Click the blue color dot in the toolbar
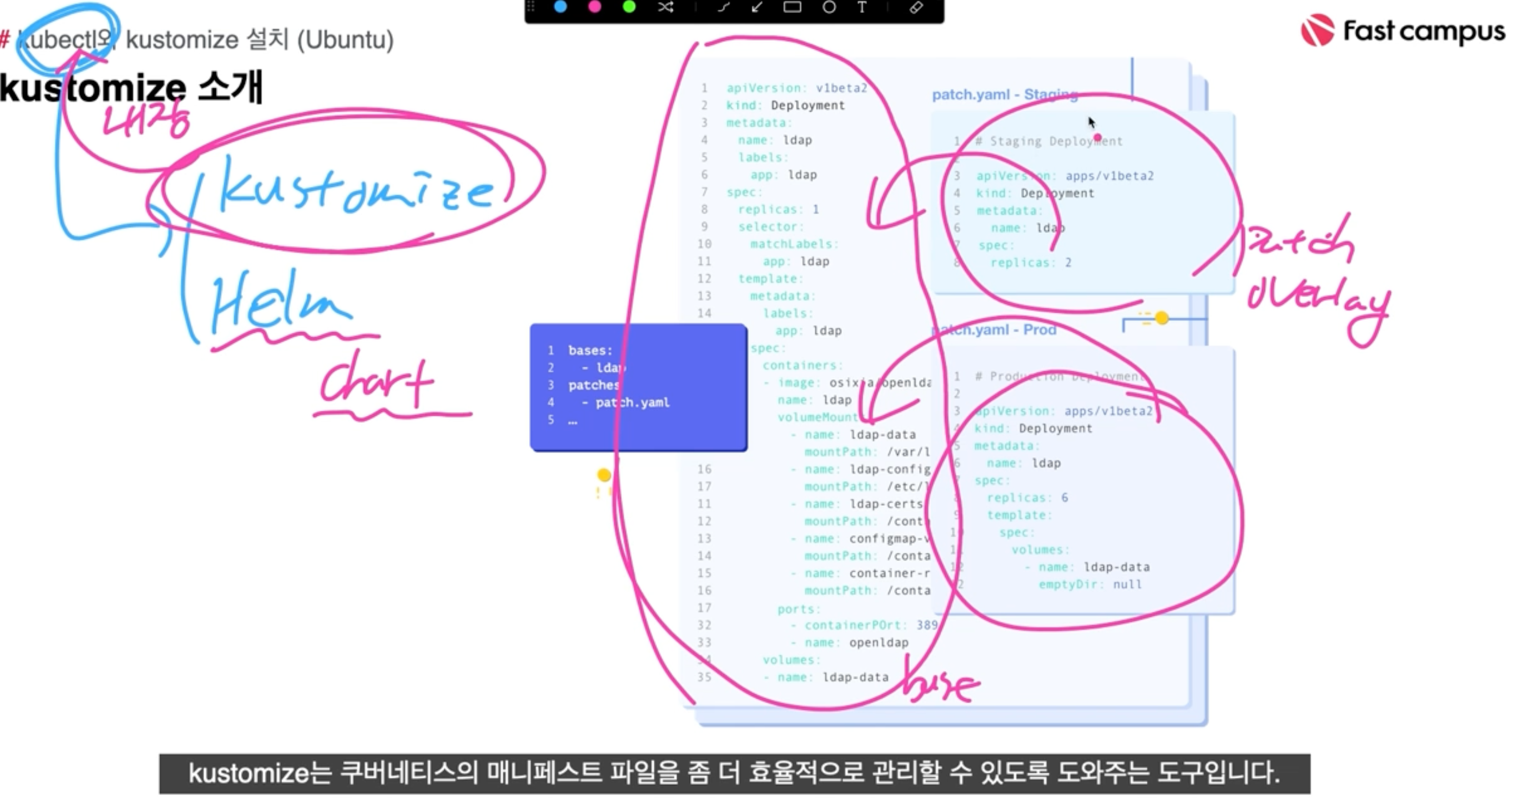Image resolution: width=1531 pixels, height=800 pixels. tap(560, 7)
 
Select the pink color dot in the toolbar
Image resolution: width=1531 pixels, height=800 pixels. tap(594, 7)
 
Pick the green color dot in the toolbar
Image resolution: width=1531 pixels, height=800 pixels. tap(629, 7)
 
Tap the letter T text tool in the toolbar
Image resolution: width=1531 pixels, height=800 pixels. tap(862, 7)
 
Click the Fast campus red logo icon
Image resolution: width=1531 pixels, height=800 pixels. tap(1318, 30)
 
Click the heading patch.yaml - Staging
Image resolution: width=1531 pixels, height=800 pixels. tap(1004, 94)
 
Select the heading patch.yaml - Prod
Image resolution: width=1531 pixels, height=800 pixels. tap(996, 330)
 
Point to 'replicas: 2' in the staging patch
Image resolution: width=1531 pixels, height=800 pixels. tap(1031, 262)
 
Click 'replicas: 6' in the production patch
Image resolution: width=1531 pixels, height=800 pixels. tap(1027, 498)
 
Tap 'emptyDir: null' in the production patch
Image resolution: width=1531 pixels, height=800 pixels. tap(1090, 584)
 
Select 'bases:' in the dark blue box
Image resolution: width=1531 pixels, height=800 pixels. tap(590, 351)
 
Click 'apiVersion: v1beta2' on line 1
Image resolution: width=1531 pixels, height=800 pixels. tap(796, 88)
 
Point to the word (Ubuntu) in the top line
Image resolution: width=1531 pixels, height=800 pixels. tap(345, 40)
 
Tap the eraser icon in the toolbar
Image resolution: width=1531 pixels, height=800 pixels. tap(916, 7)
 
